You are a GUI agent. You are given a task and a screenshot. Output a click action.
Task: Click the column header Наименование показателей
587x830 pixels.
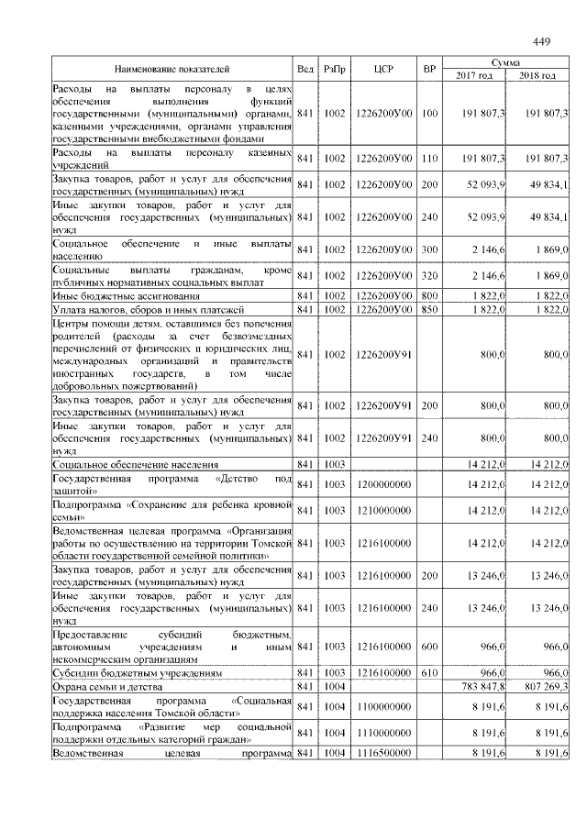coord(172,69)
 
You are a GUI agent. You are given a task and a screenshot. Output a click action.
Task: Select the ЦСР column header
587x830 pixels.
coord(384,69)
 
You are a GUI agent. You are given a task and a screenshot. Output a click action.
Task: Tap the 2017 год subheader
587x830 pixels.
coord(474,75)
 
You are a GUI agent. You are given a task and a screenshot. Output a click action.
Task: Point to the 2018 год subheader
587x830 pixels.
coord(537,75)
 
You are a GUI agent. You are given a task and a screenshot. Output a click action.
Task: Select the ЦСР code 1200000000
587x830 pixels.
coord(384,484)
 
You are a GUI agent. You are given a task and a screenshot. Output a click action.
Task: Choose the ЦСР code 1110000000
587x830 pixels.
coord(384,733)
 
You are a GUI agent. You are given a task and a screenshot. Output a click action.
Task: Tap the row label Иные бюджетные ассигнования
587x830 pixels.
coord(113,296)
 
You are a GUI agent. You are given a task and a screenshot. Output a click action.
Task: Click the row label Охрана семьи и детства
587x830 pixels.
coord(99,685)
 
